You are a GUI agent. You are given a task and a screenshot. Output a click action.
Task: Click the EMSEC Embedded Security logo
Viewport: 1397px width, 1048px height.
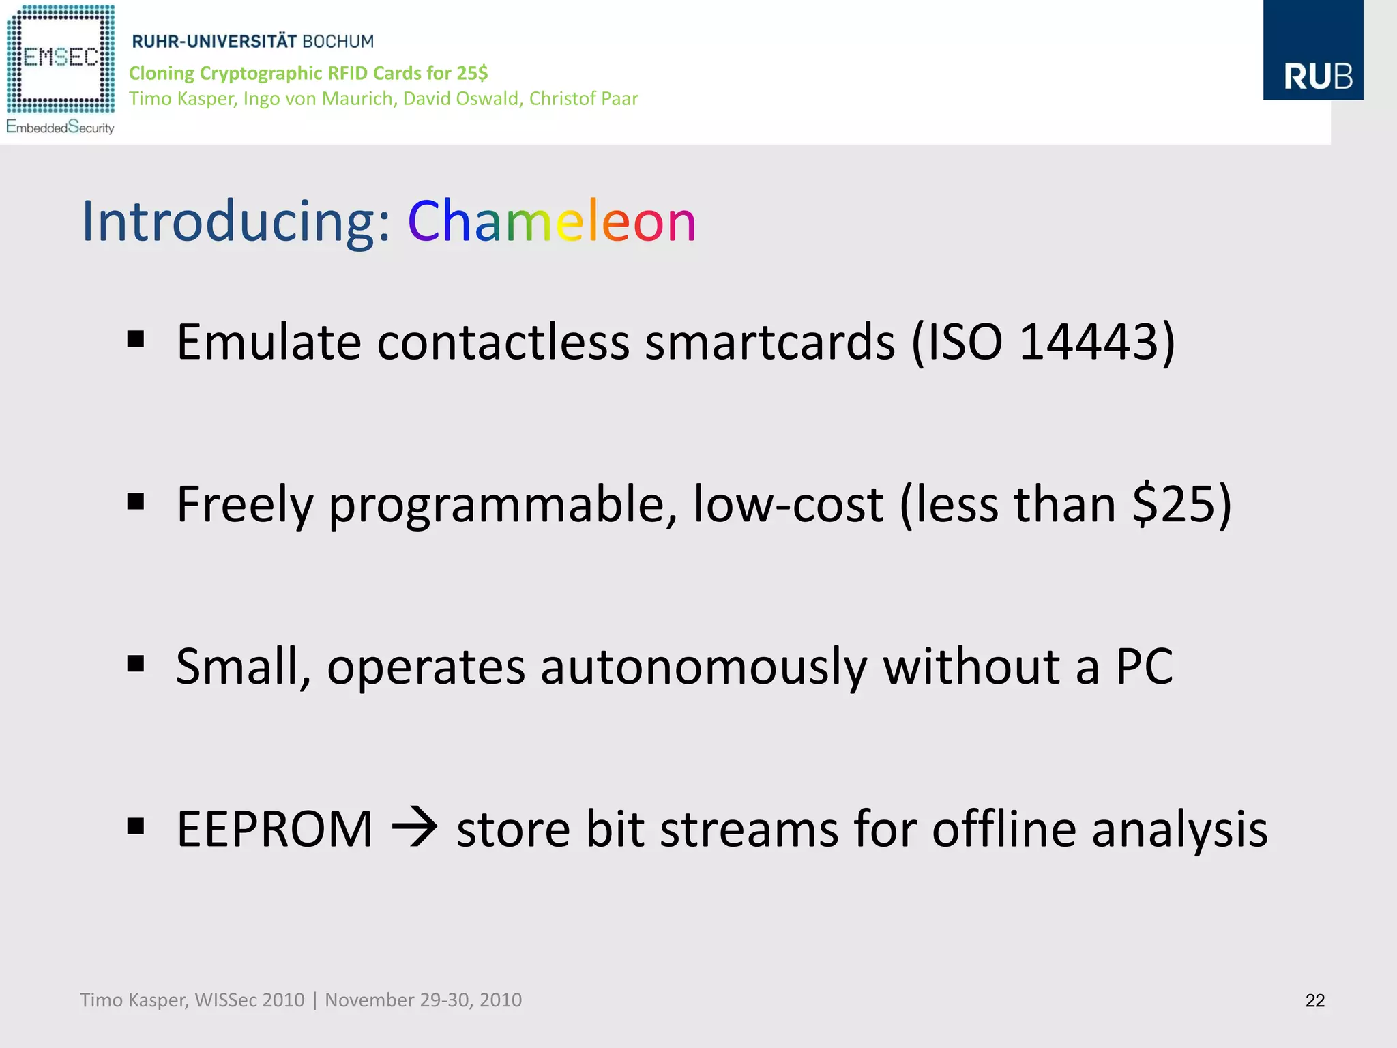[61, 68]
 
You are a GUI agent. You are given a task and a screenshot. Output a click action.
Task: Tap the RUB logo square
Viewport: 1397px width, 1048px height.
[1313, 50]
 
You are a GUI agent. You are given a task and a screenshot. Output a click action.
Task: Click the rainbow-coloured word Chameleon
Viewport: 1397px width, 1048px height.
[552, 221]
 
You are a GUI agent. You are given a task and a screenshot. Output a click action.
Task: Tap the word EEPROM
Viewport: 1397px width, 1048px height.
[275, 829]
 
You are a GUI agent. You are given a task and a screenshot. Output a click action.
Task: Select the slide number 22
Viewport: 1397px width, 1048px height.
[1314, 1000]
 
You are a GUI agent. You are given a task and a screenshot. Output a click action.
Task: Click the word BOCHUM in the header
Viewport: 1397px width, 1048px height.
[338, 42]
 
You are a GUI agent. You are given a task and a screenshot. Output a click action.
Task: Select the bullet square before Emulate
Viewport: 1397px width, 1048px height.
[136, 339]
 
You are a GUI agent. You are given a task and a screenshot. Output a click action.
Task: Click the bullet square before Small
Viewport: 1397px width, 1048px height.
[136, 664]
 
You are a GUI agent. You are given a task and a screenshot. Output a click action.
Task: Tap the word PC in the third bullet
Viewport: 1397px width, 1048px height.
[1144, 667]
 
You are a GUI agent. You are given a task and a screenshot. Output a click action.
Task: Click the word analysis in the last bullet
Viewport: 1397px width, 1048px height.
[1179, 829]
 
